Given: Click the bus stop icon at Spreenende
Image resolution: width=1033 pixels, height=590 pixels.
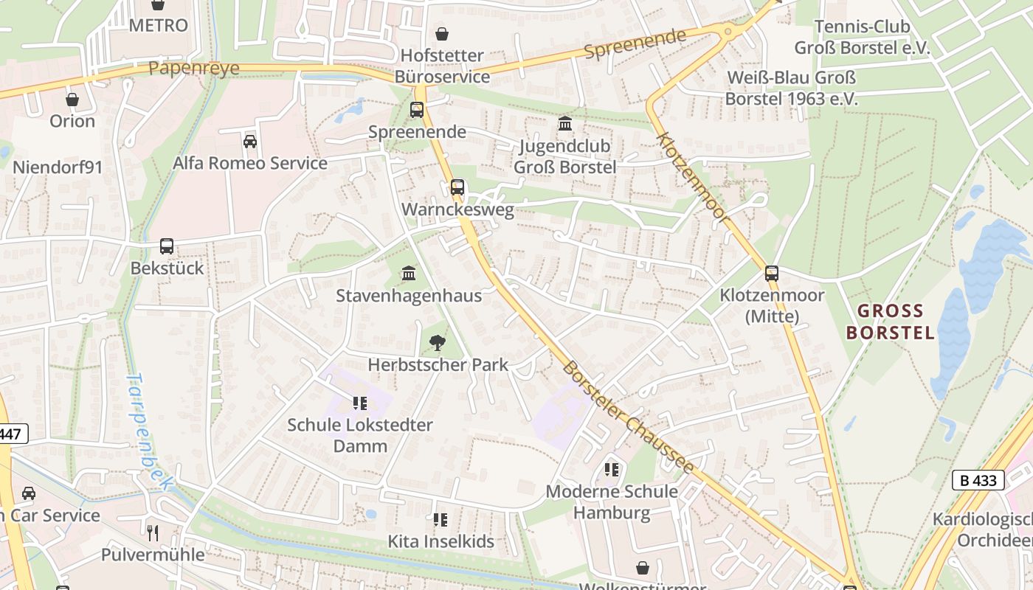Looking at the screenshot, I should (x=417, y=110).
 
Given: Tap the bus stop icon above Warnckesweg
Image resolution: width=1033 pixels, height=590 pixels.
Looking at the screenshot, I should (x=457, y=187).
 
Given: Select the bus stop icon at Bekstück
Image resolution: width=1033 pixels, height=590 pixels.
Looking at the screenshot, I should (x=167, y=246).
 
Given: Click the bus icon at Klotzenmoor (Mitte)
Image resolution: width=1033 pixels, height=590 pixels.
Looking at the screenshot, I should (x=772, y=274).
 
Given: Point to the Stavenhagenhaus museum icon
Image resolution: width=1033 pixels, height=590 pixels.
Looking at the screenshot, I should (x=409, y=274).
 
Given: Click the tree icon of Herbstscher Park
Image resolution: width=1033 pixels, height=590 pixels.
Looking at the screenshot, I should (x=437, y=342).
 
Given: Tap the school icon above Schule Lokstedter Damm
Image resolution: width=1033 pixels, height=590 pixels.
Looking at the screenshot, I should (x=359, y=403).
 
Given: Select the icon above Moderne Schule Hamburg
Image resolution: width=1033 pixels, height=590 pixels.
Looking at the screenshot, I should (x=611, y=469).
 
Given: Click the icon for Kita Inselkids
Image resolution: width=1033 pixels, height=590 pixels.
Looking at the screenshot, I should (x=441, y=520).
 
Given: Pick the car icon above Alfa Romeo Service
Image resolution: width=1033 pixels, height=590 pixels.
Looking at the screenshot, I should (x=249, y=141).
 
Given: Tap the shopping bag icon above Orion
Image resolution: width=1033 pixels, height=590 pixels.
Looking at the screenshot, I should (x=72, y=99).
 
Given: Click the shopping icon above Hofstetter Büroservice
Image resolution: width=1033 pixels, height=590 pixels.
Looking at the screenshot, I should (x=441, y=33).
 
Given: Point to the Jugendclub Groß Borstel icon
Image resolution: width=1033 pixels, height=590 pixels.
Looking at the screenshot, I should (x=565, y=124).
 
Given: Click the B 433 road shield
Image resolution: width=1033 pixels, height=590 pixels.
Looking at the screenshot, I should (x=978, y=480).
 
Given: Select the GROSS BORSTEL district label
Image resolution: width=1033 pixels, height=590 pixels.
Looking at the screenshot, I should (x=890, y=322).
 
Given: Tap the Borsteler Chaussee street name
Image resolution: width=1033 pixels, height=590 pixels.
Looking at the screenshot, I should (x=627, y=417).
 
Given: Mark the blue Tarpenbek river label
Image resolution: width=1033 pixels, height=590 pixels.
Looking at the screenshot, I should (x=148, y=431).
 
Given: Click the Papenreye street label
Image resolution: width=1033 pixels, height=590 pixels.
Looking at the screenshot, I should (x=194, y=69).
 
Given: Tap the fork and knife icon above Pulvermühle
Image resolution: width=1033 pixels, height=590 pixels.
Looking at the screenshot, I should (x=153, y=532).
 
